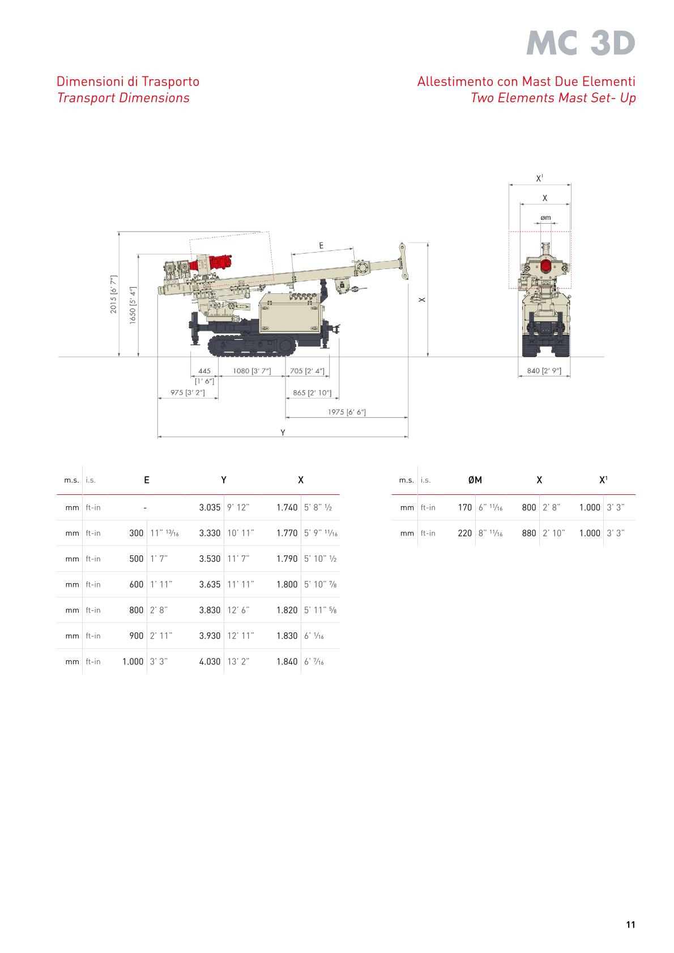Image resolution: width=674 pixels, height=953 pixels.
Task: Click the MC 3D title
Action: click(x=581, y=43)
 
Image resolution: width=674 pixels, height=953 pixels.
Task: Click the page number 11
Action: click(x=630, y=924)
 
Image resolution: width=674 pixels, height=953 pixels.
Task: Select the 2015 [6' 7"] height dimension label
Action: click(x=114, y=294)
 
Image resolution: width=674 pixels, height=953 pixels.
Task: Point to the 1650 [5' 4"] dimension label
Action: click(x=133, y=305)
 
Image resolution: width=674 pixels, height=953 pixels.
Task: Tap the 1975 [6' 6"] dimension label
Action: click(x=347, y=412)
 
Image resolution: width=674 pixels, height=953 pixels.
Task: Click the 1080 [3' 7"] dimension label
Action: click(x=252, y=370)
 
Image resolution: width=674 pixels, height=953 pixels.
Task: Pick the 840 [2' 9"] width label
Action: click(x=544, y=370)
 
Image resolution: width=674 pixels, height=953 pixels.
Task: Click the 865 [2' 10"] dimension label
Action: click(x=312, y=392)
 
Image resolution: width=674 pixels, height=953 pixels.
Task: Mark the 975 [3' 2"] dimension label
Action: click(x=187, y=392)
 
